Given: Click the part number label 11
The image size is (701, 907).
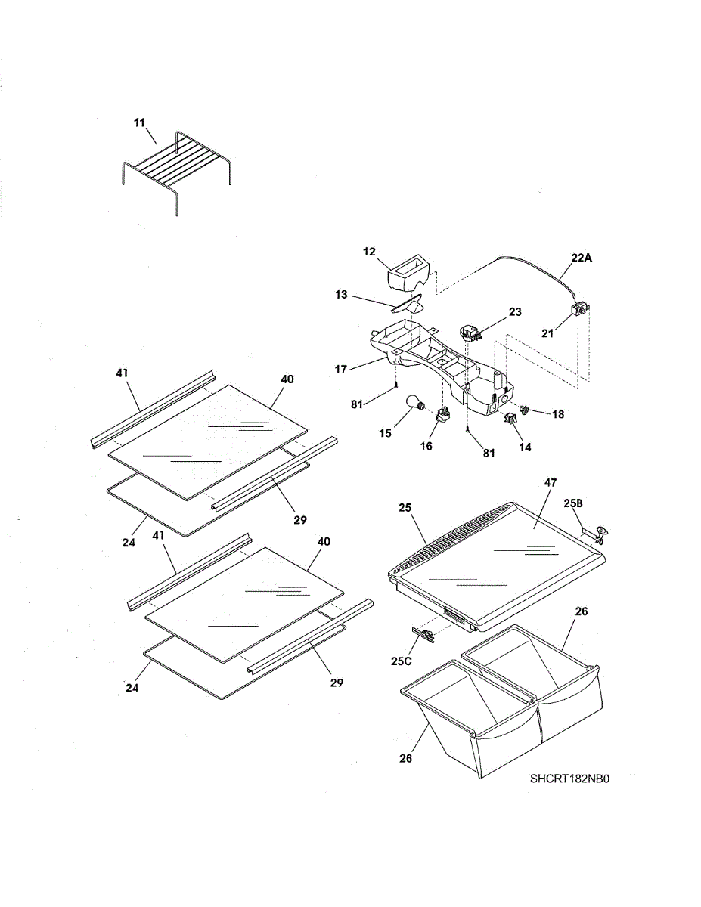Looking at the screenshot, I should click(140, 122).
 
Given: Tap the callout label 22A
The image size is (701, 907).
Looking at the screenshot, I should click(582, 258).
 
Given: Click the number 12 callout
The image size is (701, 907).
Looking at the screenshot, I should click(370, 251).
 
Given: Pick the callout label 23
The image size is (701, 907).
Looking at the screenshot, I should click(515, 311).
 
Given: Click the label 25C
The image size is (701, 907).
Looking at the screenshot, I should click(401, 661).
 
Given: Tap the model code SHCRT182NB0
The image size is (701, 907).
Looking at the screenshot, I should click(569, 779).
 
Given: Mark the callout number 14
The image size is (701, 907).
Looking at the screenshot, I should click(525, 447).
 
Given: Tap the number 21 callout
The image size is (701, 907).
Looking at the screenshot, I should click(547, 333).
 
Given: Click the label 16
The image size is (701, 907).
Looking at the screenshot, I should click(426, 446).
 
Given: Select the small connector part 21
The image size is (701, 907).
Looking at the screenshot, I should click(581, 309).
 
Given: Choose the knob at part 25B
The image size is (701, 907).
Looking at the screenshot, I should click(601, 534).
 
